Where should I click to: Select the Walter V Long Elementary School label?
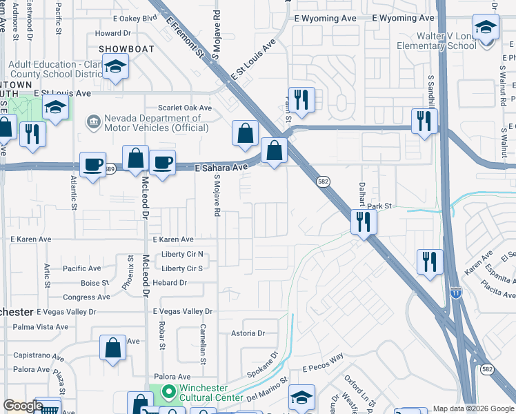436,41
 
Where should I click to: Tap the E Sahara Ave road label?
221,167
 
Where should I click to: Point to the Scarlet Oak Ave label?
185,108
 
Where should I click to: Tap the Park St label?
379,206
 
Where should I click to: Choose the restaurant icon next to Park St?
363,221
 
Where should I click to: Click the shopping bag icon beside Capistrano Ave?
112,348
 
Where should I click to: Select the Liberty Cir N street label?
182,254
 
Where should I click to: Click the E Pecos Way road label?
323,362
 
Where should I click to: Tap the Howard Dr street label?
112,33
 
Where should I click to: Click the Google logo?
23,406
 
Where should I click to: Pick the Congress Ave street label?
86,297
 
